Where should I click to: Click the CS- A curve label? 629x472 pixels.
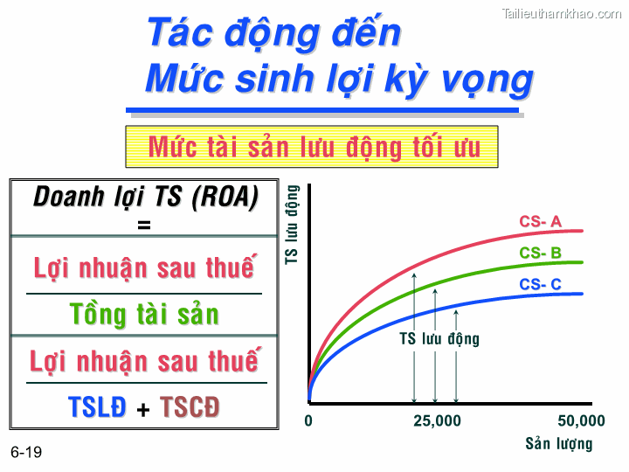(540, 222)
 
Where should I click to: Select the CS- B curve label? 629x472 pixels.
(540, 253)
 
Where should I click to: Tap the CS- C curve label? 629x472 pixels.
(540, 284)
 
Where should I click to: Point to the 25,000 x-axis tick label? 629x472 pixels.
(437, 421)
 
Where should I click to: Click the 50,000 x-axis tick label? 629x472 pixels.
(581, 421)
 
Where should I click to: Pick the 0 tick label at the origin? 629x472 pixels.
(308, 421)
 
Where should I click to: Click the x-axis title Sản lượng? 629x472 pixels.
(558, 443)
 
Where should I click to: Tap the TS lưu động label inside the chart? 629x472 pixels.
(439, 339)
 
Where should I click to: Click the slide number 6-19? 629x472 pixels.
(26, 453)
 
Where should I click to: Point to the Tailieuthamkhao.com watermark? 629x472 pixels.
(562, 13)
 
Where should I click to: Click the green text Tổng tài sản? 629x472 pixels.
(145, 314)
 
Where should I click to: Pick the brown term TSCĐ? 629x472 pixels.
(190, 406)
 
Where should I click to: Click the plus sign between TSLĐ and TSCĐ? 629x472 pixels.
(143, 408)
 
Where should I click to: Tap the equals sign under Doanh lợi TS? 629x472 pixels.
(144, 225)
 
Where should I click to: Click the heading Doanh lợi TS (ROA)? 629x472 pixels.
(146, 198)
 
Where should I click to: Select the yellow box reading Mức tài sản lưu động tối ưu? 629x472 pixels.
(314, 146)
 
